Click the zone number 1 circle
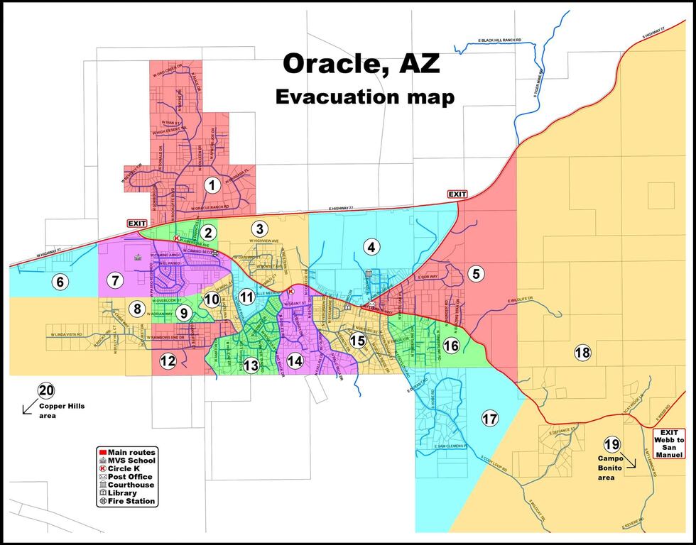tap(211, 186)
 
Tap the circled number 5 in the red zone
tap(476, 272)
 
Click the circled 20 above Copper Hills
tap(46, 390)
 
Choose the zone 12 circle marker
tap(168, 360)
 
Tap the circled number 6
tap(60, 282)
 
